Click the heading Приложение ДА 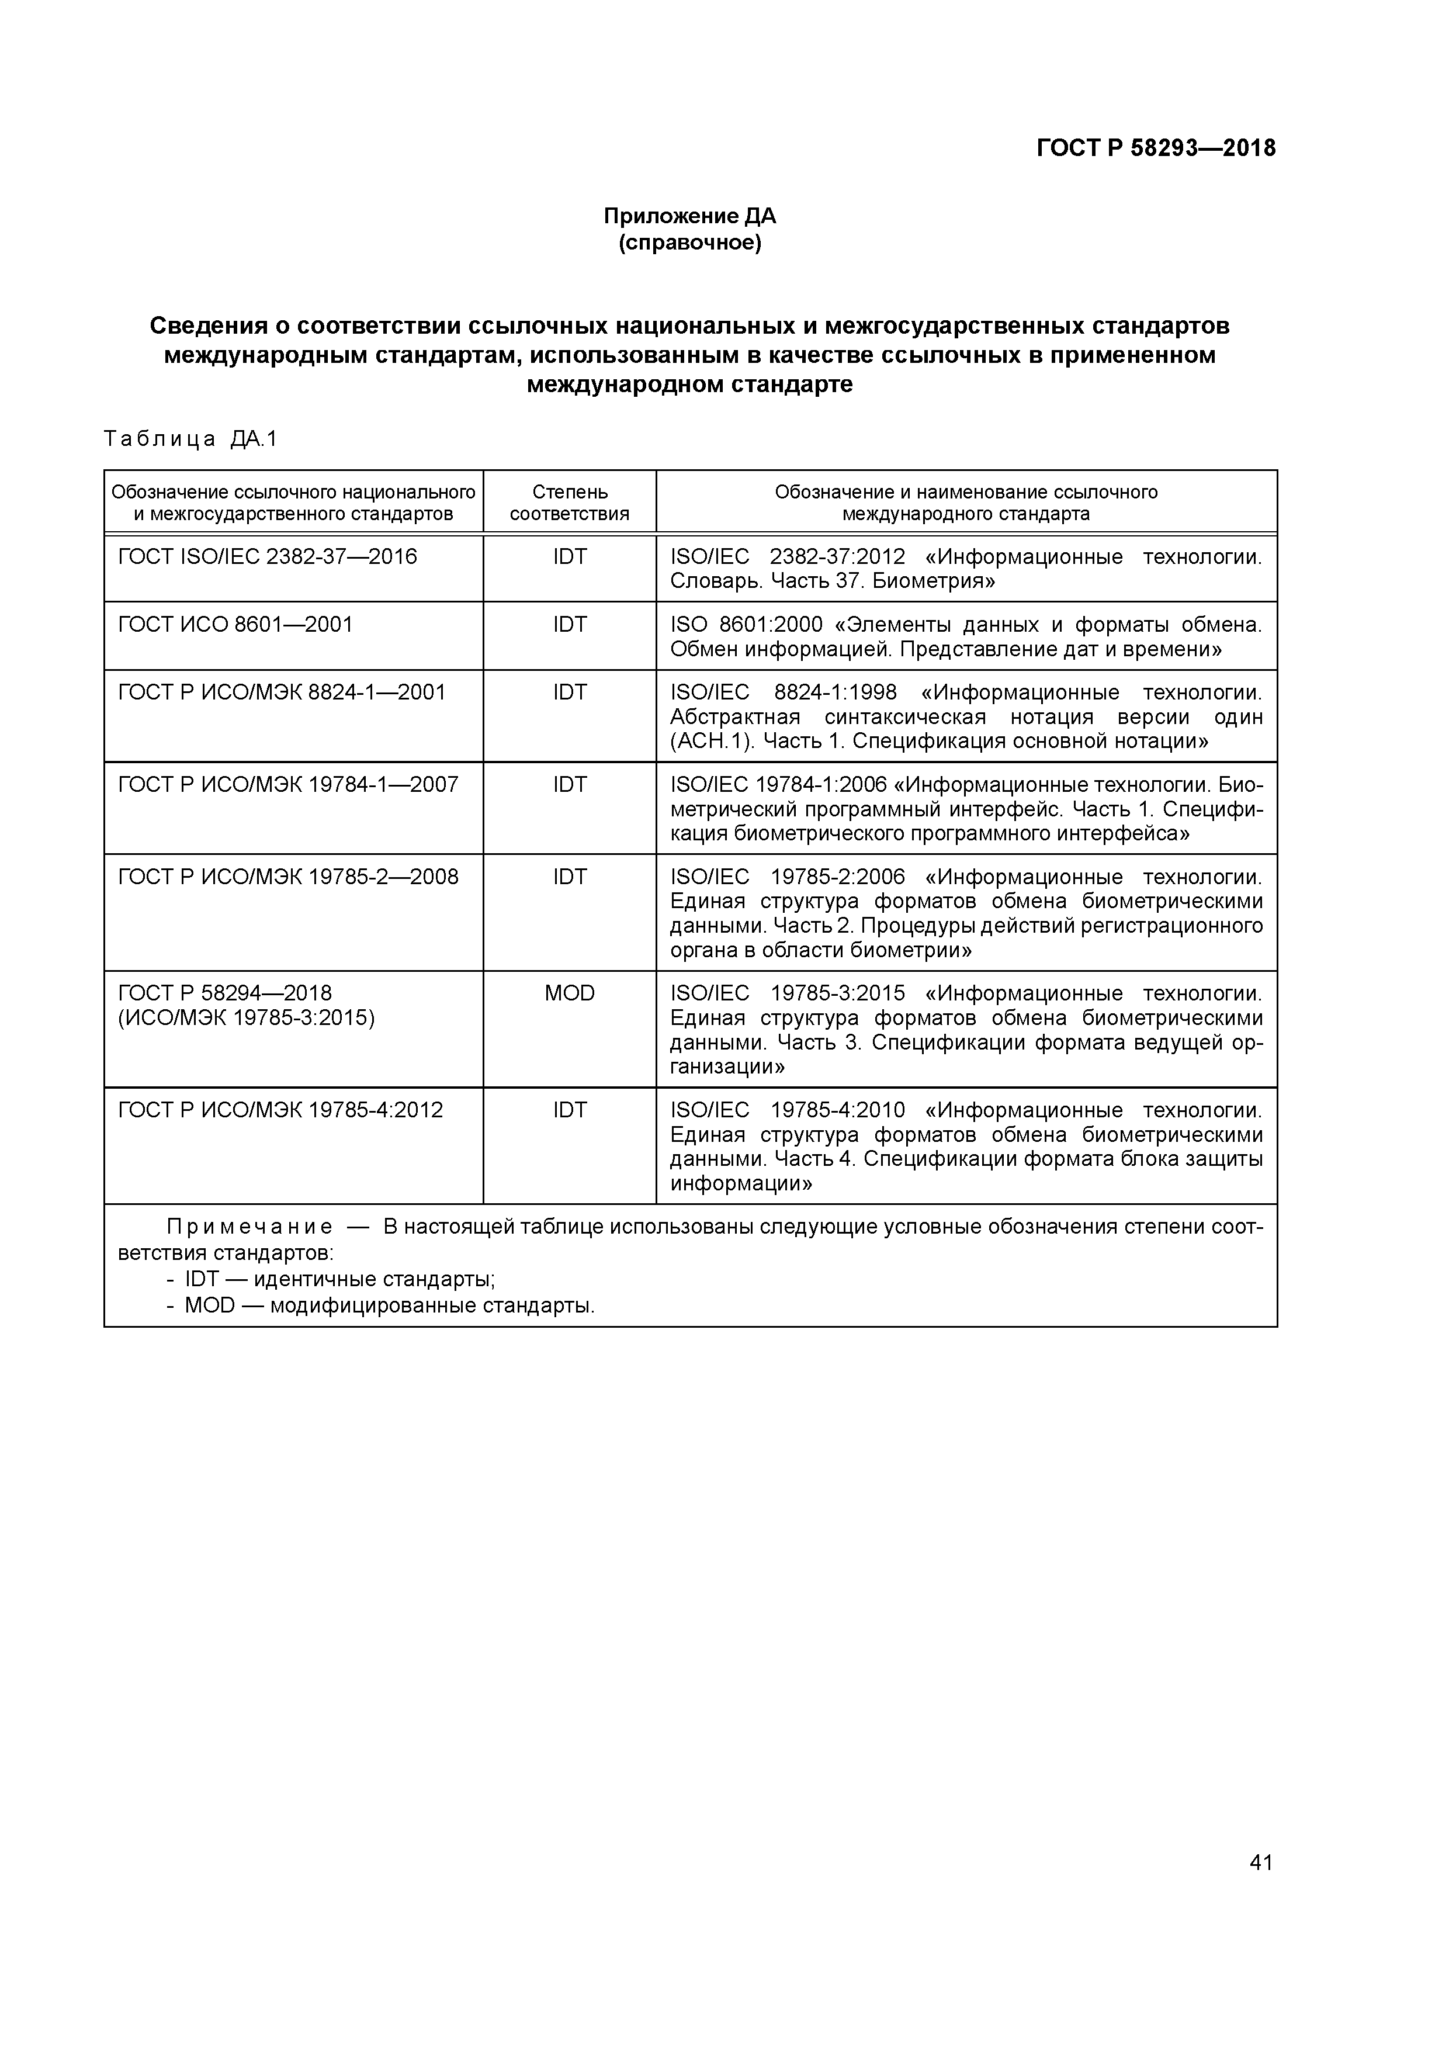[x=689, y=216]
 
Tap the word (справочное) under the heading [x=689, y=243]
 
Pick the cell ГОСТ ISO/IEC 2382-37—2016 [x=267, y=557]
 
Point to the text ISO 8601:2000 [x=746, y=624]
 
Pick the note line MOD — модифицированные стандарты [x=389, y=1306]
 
